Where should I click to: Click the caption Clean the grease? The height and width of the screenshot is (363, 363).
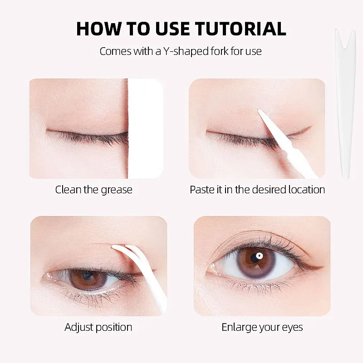pyautogui.click(x=94, y=189)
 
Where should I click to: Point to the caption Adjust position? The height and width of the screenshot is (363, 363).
pyautogui.click(x=98, y=327)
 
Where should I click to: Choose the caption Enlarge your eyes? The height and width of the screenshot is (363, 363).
pyautogui.click(x=262, y=327)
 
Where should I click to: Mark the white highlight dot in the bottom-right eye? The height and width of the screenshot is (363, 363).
pyautogui.click(x=259, y=256)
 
